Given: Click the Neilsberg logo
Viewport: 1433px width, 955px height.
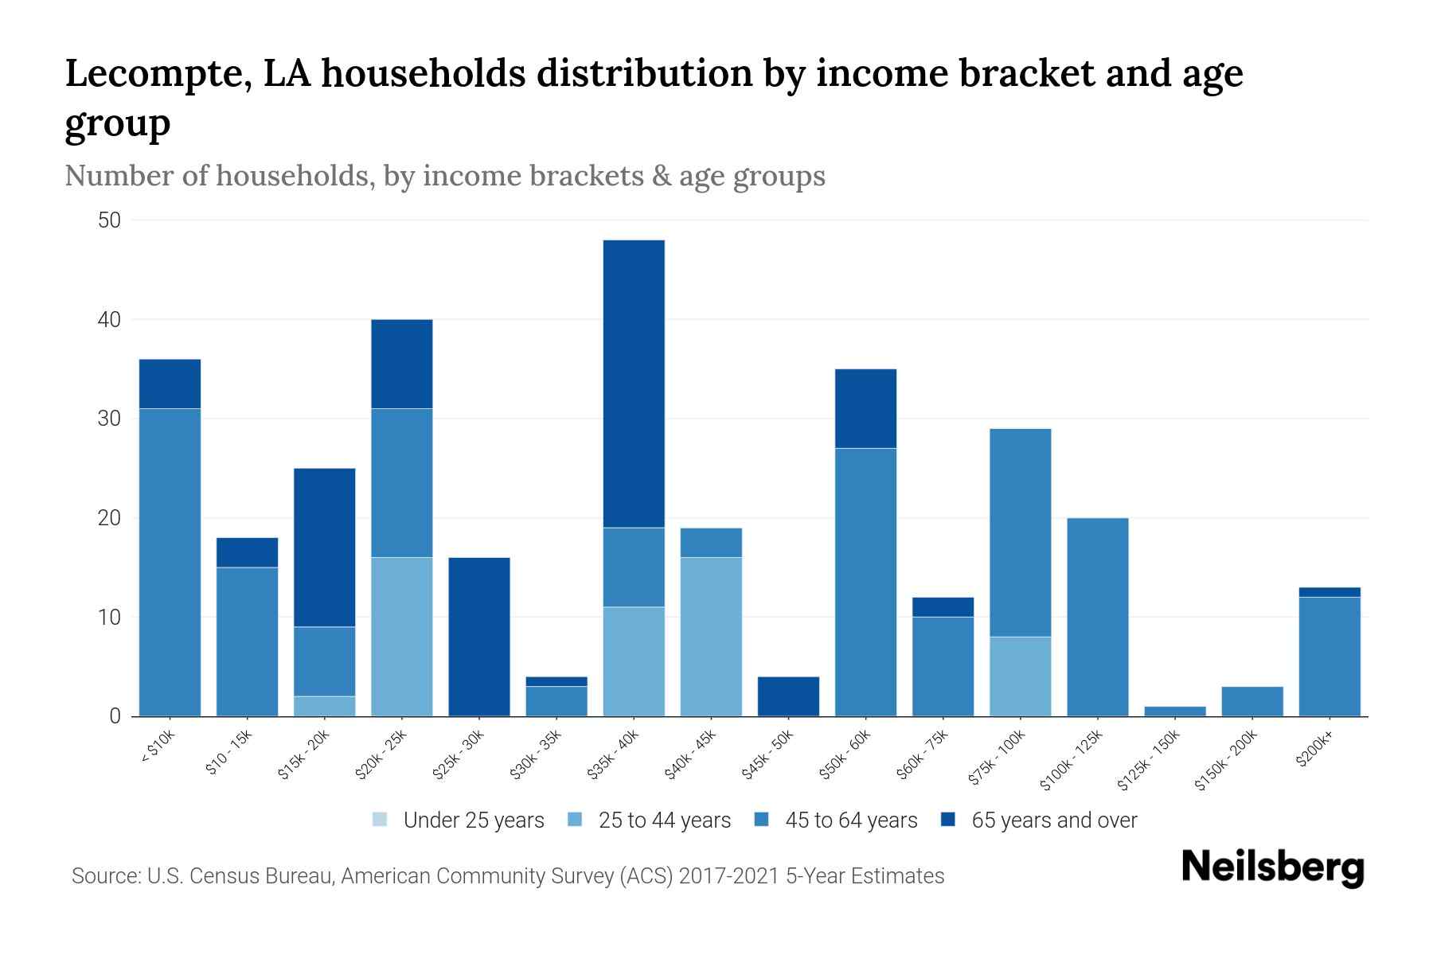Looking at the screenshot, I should [1272, 867].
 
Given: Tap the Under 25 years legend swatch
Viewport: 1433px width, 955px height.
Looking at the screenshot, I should [381, 820].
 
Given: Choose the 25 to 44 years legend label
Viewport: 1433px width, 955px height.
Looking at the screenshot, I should [664, 821].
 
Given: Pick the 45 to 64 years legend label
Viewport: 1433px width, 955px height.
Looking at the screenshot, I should [851, 821].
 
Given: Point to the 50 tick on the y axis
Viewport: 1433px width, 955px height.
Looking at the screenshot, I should [109, 220].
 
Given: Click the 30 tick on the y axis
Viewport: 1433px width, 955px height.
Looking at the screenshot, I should [109, 419].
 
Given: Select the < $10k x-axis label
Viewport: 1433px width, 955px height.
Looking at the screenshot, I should [158, 748].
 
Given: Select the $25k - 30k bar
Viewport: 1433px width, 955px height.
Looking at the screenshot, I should [479, 637].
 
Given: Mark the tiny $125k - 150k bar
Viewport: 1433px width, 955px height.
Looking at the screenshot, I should [1175, 711].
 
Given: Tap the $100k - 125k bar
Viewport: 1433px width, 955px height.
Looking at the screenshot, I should [1098, 617].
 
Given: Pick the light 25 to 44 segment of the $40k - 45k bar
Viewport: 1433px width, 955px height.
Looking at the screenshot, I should [711, 637].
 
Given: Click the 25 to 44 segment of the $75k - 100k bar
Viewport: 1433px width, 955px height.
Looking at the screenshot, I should [1021, 676].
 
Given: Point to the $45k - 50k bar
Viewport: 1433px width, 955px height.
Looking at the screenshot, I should [788, 696].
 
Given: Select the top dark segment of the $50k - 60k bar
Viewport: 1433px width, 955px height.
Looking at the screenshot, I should [865, 408].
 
